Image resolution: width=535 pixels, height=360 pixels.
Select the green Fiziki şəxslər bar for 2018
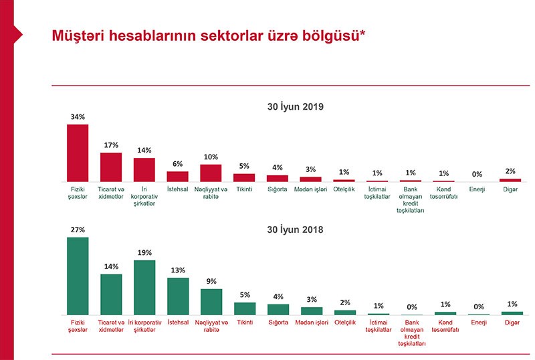tap(78, 276)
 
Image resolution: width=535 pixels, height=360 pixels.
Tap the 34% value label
tap(78, 117)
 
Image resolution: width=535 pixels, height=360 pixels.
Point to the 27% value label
tap(78, 230)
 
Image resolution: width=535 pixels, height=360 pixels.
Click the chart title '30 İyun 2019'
tap(295, 106)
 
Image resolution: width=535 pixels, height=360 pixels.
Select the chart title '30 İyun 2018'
tap(295, 230)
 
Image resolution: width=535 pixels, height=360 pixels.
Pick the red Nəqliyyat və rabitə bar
tap(211, 173)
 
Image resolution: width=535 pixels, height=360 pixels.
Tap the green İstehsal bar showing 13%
tap(178, 296)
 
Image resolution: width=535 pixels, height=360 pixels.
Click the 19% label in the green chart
tap(144, 253)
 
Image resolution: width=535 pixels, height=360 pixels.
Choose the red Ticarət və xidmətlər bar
tap(111, 167)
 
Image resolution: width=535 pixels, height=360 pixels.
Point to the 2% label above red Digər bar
tap(510, 171)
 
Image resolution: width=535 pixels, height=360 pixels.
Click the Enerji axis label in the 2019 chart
tap(477, 190)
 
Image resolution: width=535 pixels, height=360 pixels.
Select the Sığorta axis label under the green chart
tap(278, 323)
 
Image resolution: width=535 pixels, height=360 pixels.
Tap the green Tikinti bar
tap(245, 308)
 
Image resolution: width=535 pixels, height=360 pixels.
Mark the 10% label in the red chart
tap(211, 157)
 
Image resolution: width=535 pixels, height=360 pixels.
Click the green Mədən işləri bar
tap(311, 310)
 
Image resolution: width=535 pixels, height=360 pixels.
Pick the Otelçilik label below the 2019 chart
tap(344, 190)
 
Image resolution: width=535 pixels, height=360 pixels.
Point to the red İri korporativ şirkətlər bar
tap(144, 169)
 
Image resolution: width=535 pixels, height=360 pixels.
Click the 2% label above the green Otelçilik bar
tap(344, 303)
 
